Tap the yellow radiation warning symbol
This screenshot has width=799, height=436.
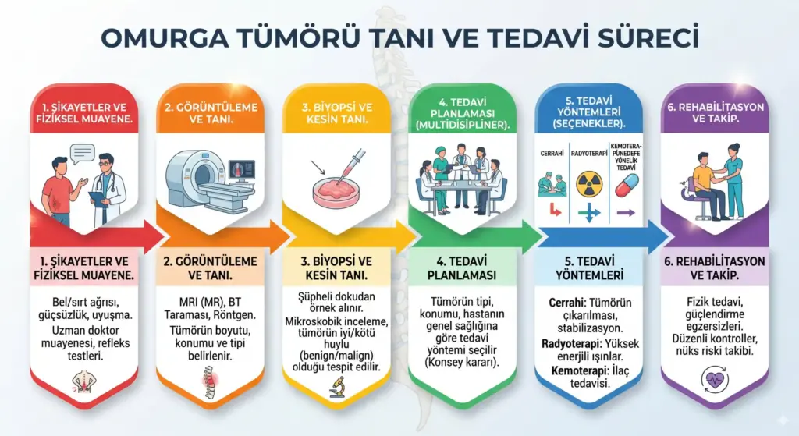pyautogui.click(x=589, y=185)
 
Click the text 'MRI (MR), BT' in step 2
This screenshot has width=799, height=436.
pyautogui.click(x=209, y=301)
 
